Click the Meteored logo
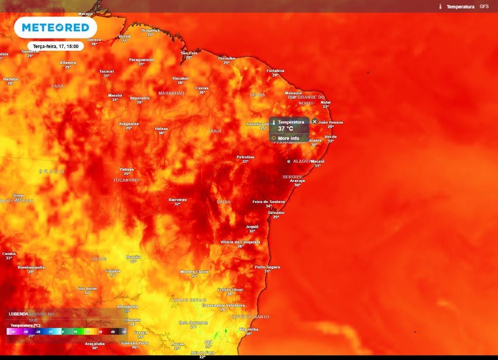coord(55,28)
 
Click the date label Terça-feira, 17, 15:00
coord(55,46)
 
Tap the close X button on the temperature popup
coord(315,121)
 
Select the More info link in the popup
coord(288,139)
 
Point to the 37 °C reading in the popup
coord(285,129)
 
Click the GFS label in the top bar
coord(484,7)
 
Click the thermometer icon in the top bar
coord(440,7)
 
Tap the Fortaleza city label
coord(275,71)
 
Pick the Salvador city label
coord(276,213)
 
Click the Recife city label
coord(330,137)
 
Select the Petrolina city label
coord(245,157)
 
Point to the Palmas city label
coord(126,169)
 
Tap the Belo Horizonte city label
coord(193,323)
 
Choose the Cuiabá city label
coord(9,253)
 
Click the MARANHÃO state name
coord(171,93)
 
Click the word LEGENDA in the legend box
coord(18,314)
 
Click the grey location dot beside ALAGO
coord(288,161)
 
